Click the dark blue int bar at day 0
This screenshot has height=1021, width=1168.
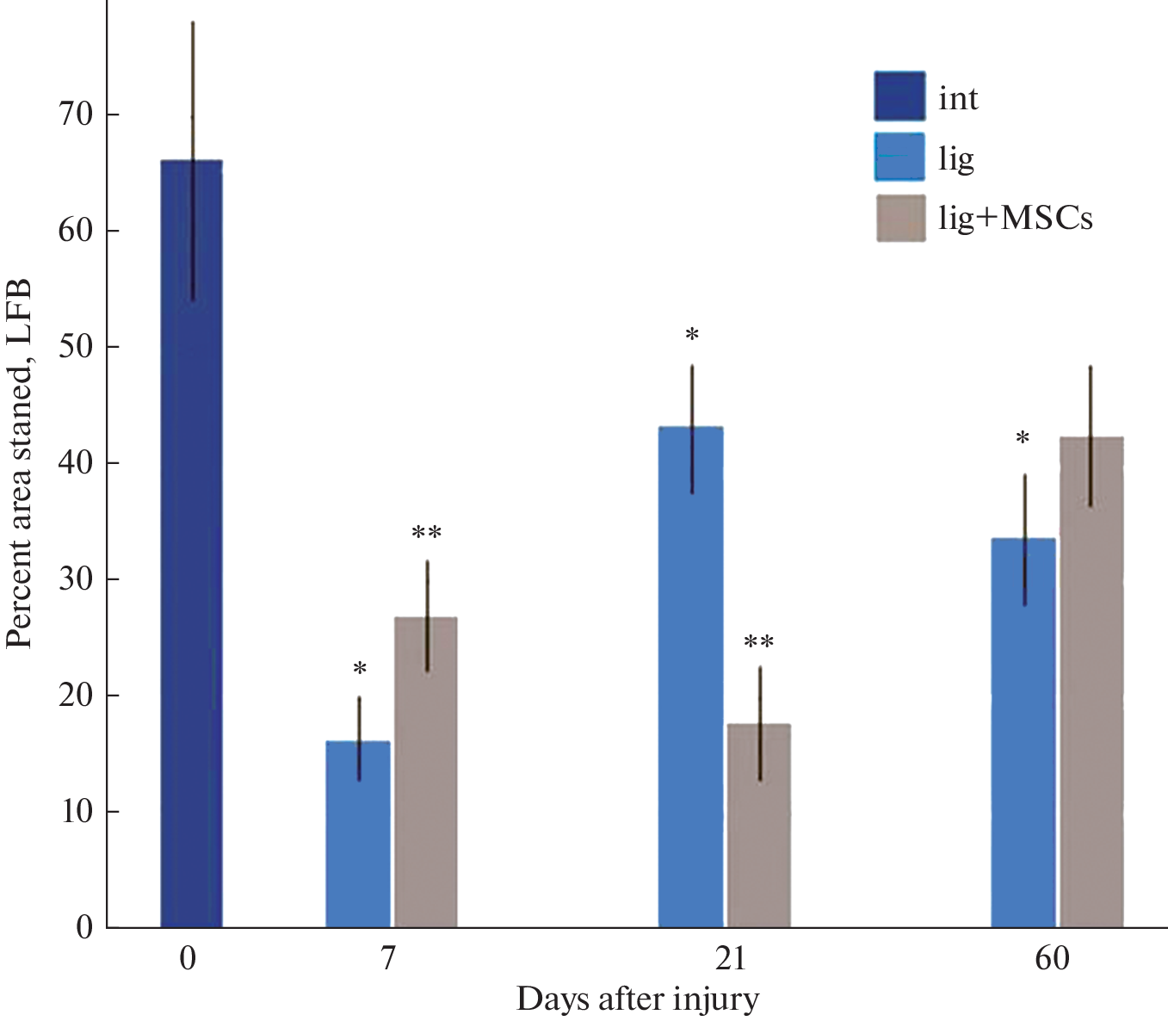click(x=191, y=542)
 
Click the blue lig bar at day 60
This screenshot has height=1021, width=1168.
click(x=1023, y=732)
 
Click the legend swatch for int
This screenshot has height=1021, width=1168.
click(x=899, y=96)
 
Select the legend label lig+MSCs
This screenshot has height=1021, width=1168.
click(x=1016, y=219)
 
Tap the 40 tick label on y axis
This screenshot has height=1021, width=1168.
click(x=76, y=462)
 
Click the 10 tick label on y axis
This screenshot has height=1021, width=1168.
click(x=76, y=811)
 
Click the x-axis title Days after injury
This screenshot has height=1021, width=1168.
click(x=638, y=999)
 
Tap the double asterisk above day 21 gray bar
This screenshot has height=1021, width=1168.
click(x=758, y=642)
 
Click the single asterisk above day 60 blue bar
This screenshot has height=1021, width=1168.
click(x=1023, y=439)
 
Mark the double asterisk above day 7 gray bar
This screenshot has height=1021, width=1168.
click(x=426, y=533)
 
